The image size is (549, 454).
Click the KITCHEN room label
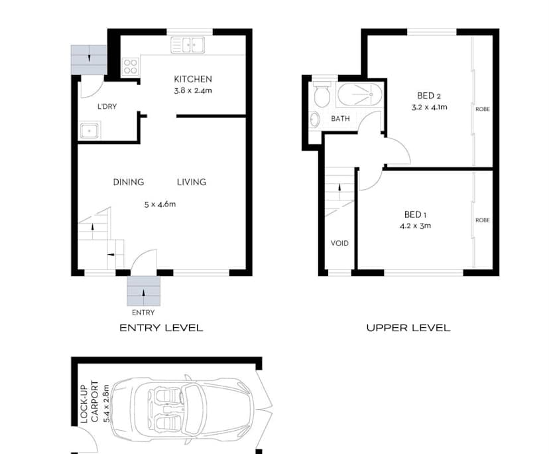[x=192, y=79]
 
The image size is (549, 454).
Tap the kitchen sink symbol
[x=188, y=45]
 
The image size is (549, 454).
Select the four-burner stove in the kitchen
[x=131, y=66]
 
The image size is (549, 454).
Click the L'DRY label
[x=107, y=106]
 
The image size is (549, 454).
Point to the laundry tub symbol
[x=89, y=130]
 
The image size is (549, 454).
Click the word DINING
[x=128, y=182]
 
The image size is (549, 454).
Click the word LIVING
[x=191, y=182]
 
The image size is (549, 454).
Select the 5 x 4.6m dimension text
[x=160, y=204]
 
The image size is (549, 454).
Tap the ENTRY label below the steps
[x=143, y=312]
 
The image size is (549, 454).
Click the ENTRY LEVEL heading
[x=160, y=328]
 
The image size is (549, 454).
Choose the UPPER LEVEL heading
[x=408, y=328]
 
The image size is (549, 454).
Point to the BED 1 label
[x=415, y=214]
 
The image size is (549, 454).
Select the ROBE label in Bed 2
[x=482, y=109]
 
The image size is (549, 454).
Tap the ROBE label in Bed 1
[x=482, y=220]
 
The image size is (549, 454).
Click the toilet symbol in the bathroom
[x=322, y=96]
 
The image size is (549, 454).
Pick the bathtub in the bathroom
[x=359, y=96]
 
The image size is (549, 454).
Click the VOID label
[x=339, y=243]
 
